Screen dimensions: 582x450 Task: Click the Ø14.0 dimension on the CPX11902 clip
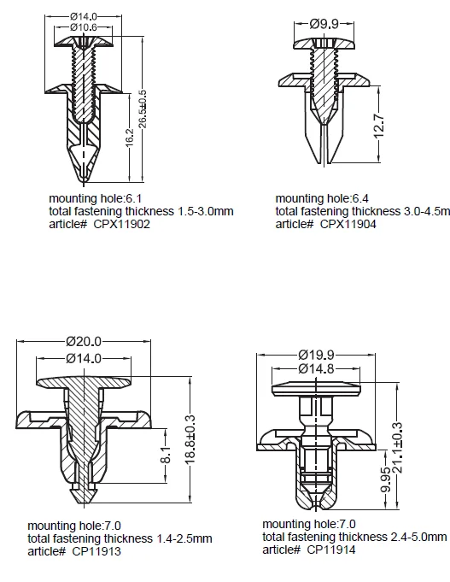click(83, 16)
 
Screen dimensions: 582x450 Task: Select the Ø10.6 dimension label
click(83, 28)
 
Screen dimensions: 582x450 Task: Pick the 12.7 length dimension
click(380, 127)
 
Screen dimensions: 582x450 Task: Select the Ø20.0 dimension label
click(84, 342)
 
